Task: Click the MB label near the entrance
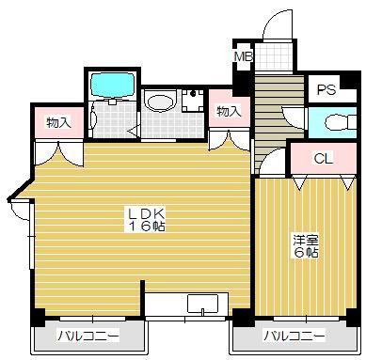coord(243,57)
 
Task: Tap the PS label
coord(326,90)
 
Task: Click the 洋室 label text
coord(303,240)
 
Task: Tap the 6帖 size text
coord(303,253)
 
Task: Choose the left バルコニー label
coord(88,336)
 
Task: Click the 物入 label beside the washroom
coord(228,112)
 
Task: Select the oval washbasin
coord(161,101)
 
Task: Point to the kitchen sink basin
coord(201,304)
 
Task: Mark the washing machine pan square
coord(192,101)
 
